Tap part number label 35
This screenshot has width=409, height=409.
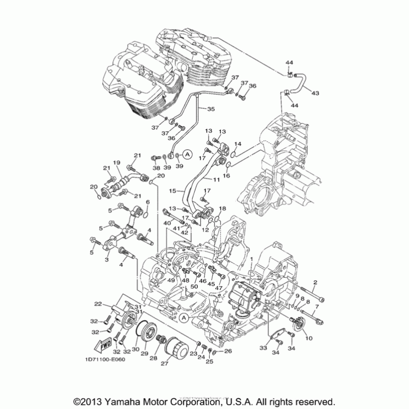coord(211,109)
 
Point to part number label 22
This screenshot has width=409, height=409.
coord(98,304)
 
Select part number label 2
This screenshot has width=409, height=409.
coord(315,282)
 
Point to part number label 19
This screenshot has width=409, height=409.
coord(117,163)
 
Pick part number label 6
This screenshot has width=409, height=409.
coord(148,202)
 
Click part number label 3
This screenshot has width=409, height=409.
coord(107,260)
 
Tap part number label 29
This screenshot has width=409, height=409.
coord(144,353)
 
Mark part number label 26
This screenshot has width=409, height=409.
coord(228,351)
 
